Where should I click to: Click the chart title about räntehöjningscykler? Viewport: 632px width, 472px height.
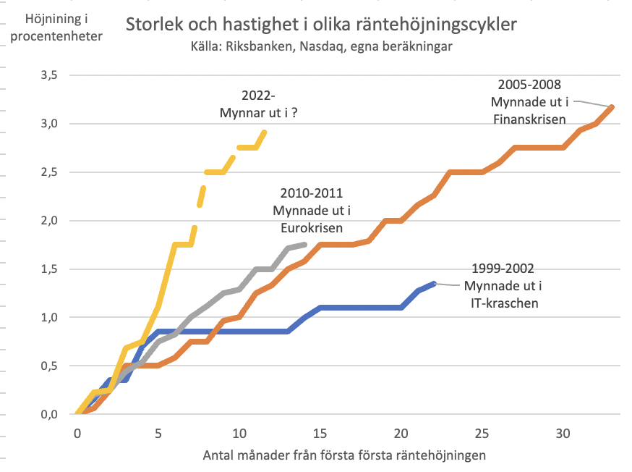[321, 25]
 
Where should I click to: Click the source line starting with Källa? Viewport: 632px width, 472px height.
[321, 46]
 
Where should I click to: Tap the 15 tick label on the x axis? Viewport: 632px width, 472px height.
[320, 432]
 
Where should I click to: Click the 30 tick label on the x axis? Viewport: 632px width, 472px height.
[563, 432]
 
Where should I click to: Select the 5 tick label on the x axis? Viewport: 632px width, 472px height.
[158, 432]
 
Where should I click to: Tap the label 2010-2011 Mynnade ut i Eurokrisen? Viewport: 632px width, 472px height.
[310, 211]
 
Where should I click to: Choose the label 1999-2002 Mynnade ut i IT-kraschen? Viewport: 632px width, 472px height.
[501, 285]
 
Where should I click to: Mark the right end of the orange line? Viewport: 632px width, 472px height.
[612, 107]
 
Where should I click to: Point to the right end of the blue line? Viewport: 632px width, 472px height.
[434, 284]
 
